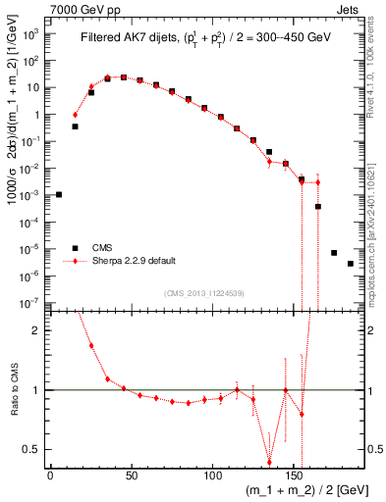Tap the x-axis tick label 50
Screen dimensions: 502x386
click(131, 475)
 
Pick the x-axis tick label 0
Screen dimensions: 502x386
click(50, 475)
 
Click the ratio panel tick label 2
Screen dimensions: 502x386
click(35, 330)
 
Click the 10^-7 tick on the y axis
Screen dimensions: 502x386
click(29, 303)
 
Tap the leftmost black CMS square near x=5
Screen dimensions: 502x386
click(59, 194)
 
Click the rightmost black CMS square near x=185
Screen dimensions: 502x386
click(351, 264)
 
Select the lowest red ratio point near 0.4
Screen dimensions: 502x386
click(269, 463)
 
